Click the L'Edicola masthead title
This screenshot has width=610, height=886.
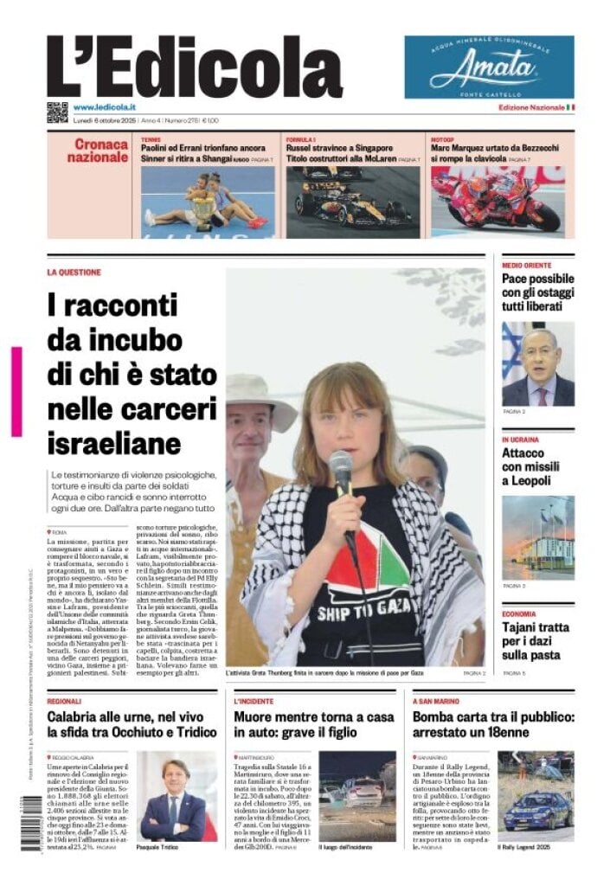pyautogui.click(x=194, y=67)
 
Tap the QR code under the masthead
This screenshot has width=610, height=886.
pyautogui.click(x=57, y=112)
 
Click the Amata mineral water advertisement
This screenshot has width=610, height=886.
pyautogui.click(x=488, y=67)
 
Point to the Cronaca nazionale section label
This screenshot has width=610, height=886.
pyautogui.click(x=97, y=151)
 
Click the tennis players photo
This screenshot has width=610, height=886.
pyautogui.click(x=207, y=202)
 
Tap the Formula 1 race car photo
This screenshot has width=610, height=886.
pyautogui.click(x=352, y=202)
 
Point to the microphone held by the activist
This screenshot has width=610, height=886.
pyautogui.click(x=341, y=471)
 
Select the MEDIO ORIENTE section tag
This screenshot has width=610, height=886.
pyautogui.click(x=526, y=265)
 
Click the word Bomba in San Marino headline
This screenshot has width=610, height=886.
pyautogui.click(x=436, y=717)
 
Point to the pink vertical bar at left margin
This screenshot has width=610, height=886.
pyautogui.click(x=16, y=391)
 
